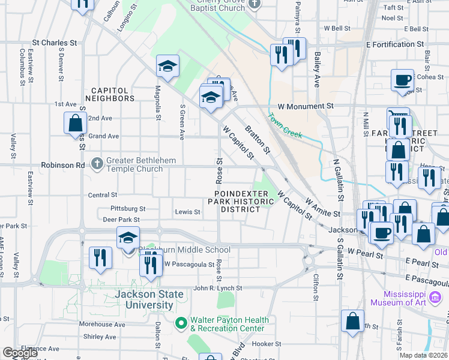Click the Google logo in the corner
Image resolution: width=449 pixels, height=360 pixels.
[20, 353]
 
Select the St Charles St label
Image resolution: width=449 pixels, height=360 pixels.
[55, 43]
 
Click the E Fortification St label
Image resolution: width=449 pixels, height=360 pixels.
[394, 44]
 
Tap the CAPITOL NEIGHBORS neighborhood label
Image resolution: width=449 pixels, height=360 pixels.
[109, 94]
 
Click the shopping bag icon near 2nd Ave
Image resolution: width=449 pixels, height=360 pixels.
[76, 123]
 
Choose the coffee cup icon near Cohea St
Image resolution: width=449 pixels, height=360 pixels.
[402, 80]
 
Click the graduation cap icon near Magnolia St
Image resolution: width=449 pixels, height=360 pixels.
[168, 67]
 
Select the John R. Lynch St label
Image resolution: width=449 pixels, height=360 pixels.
[217, 288]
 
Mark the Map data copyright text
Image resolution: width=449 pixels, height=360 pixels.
[424, 355]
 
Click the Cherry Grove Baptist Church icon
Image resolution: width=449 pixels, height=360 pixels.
[255, 4]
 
